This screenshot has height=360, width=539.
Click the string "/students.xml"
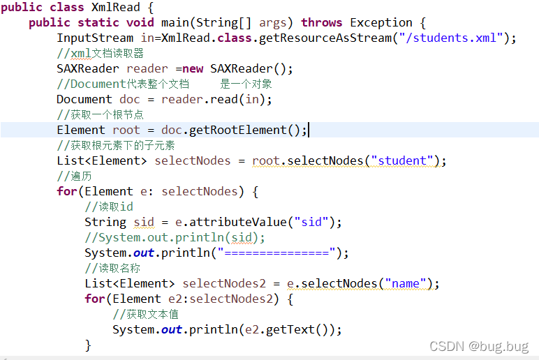click(458, 38)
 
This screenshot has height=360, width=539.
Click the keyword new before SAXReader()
click(193, 68)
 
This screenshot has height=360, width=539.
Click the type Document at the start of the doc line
click(84, 99)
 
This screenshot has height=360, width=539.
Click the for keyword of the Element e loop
click(67, 191)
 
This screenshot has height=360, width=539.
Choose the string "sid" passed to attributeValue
click(311, 222)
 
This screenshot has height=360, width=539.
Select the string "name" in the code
click(405, 283)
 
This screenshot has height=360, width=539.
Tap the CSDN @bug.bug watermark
click(479, 347)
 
